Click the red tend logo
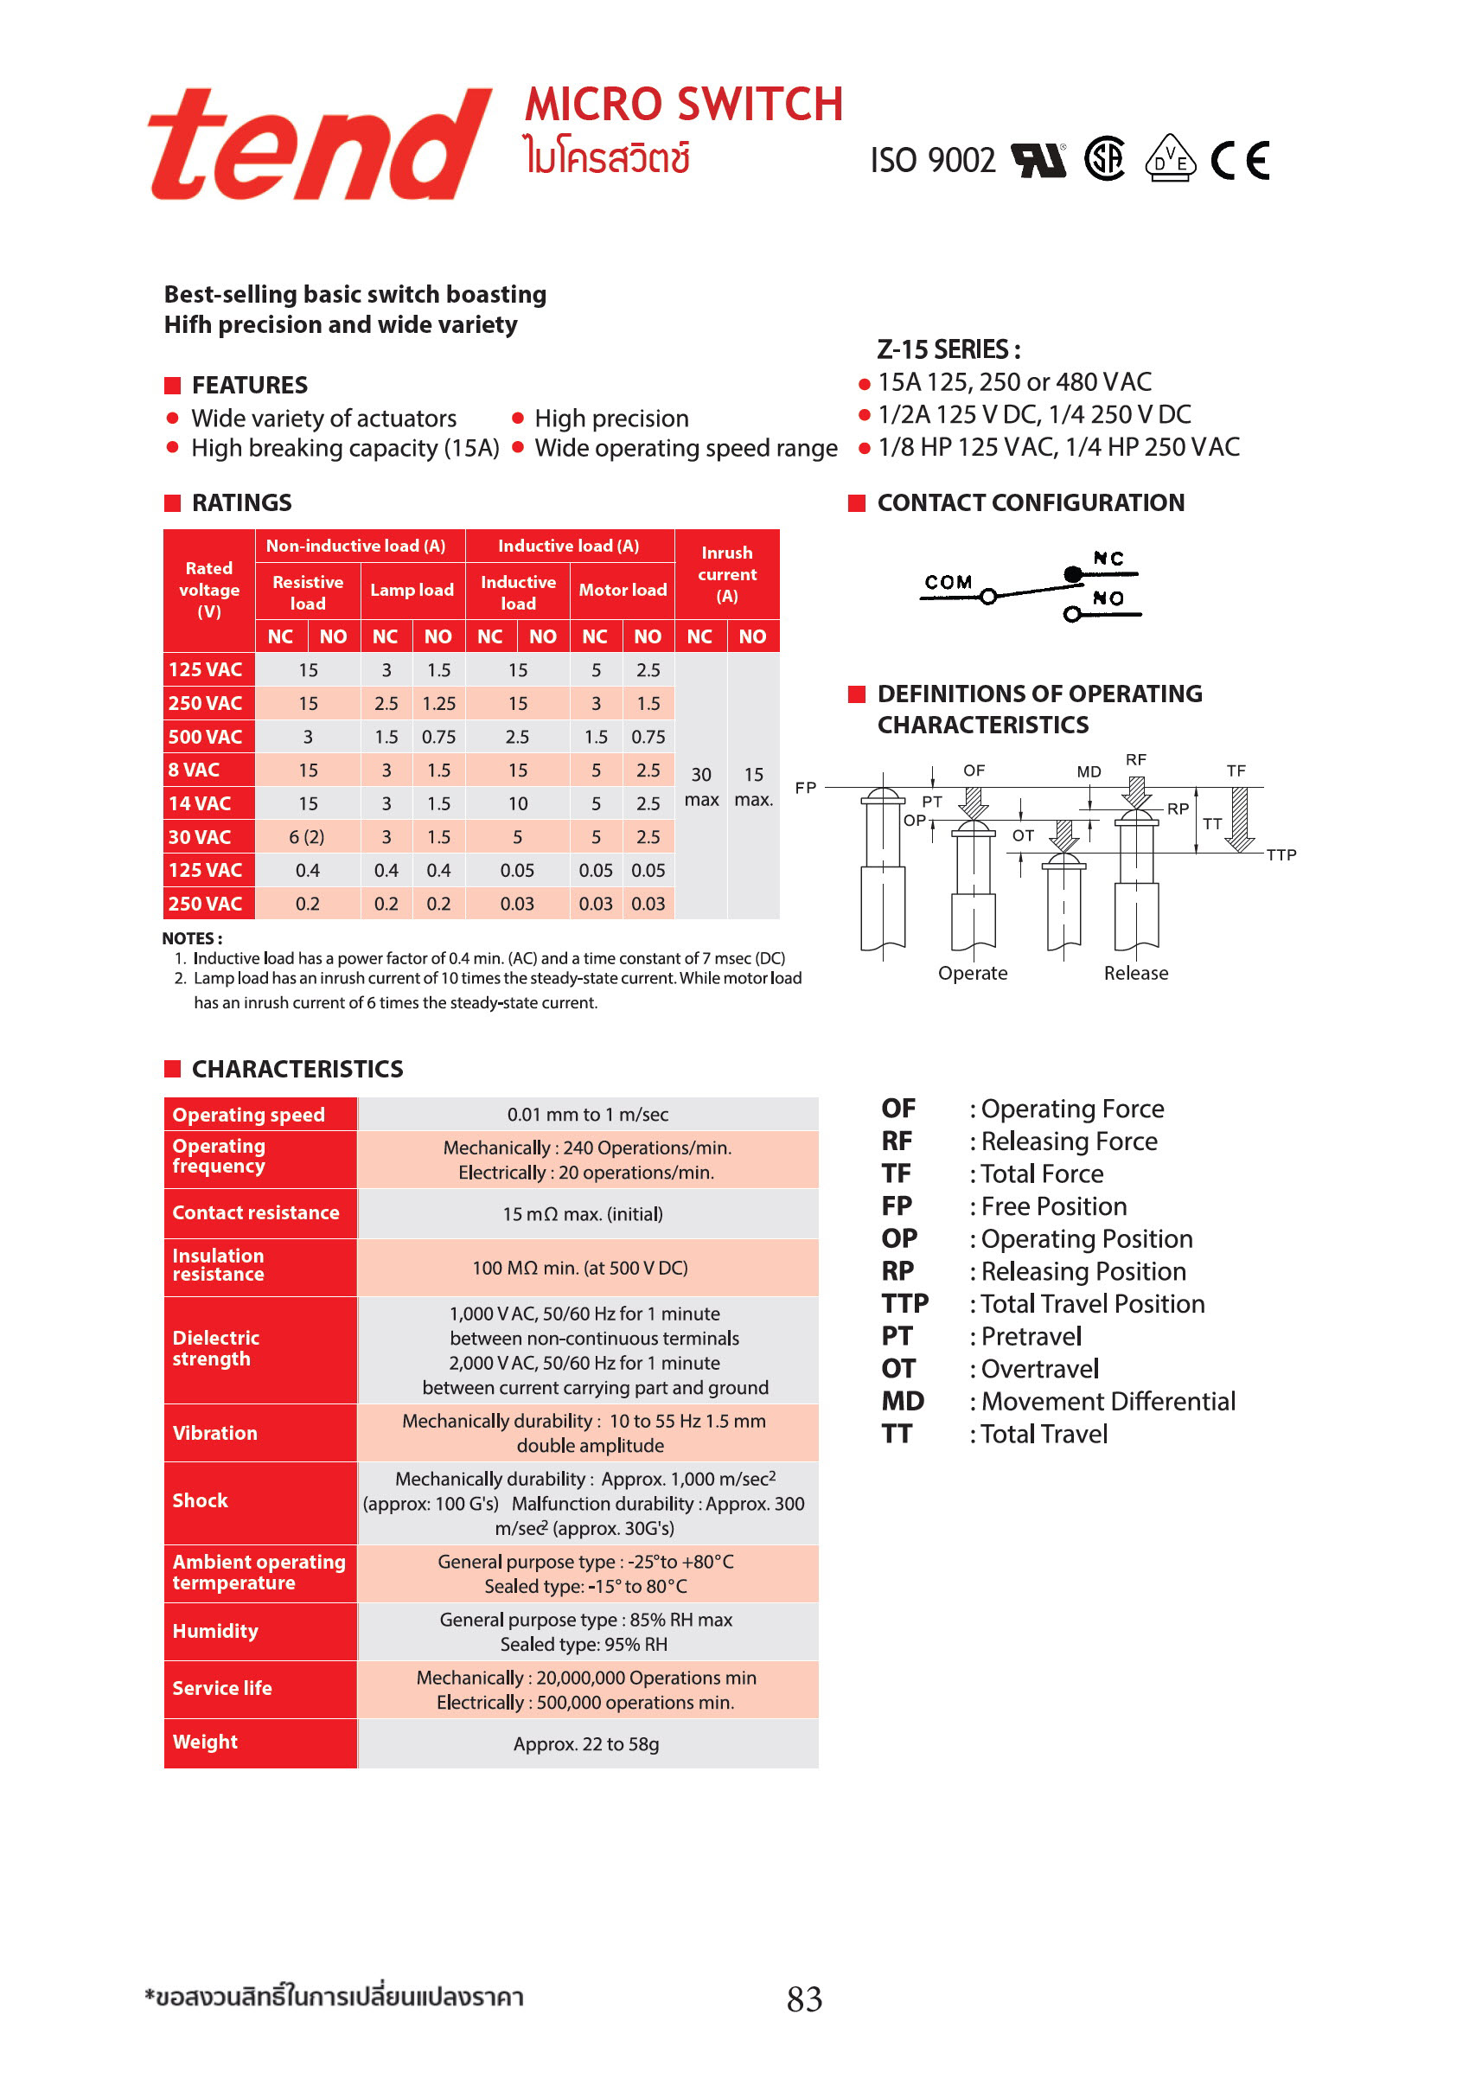[x=318, y=144]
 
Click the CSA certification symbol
[x=1104, y=159]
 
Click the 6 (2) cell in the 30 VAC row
[x=307, y=837]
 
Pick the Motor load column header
[x=622, y=590]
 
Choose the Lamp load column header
[x=412, y=590]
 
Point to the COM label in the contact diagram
[x=948, y=582]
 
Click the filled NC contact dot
[x=1071, y=574]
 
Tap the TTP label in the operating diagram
[x=1280, y=855]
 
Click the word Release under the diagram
[x=1135, y=974]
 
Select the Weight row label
[x=206, y=1742]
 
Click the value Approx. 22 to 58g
[x=585, y=1744]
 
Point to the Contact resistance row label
[x=256, y=1212]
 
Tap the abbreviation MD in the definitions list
[x=903, y=1402]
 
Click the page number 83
[x=804, y=1999]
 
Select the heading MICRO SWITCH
[x=683, y=104]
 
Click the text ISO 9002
[x=932, y=161]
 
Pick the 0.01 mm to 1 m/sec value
[x=587, y=1115]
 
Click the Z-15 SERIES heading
[x=948, y=349]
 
